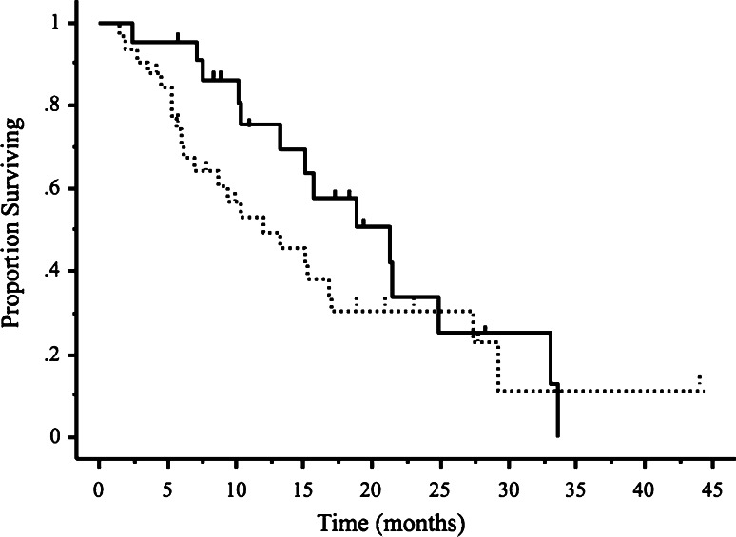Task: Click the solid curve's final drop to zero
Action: [557, 411]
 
